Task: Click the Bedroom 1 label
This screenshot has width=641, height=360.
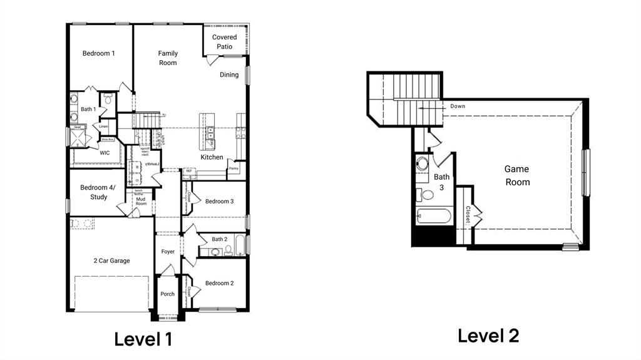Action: pyautogui.click(x=99, y=54)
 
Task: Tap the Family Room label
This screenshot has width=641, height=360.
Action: pyautogui.click(x=168, y=58)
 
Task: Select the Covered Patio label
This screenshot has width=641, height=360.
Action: pyautogui.click(x=224, y=42)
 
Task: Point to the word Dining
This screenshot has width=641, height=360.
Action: pyautogui.click(x=229, y=75)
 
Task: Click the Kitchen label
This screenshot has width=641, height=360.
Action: pyautogui.click(x=212, y=157)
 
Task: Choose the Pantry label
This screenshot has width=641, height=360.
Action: pyautogui.click(x=233, y=168)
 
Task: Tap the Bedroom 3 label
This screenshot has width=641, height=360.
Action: pyautogui.click(x=219, y=201)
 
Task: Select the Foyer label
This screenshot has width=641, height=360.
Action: pyautogui.click(x=168, y=252)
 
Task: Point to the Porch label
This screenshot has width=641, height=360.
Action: pyautogui.click(x=168, y=294)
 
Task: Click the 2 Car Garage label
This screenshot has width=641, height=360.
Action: pyautogui.click(x=112, y=261)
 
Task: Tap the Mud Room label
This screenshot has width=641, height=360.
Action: pyautogui.click(x=141, y=201)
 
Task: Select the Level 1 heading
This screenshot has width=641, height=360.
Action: pyautogui.click(x=143, y=339)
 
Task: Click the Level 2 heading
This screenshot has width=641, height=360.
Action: pyautogui.click(x=488, y=336)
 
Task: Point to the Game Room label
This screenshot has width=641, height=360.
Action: pyautogui.click(x=517, y=176)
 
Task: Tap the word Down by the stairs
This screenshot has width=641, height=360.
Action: pyautogui.click(x=458, y=106)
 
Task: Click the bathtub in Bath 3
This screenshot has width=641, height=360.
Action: pyautogui.click(x=433, y=217)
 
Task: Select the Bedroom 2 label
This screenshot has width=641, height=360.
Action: pyautogui.click(x=219, y=284)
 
